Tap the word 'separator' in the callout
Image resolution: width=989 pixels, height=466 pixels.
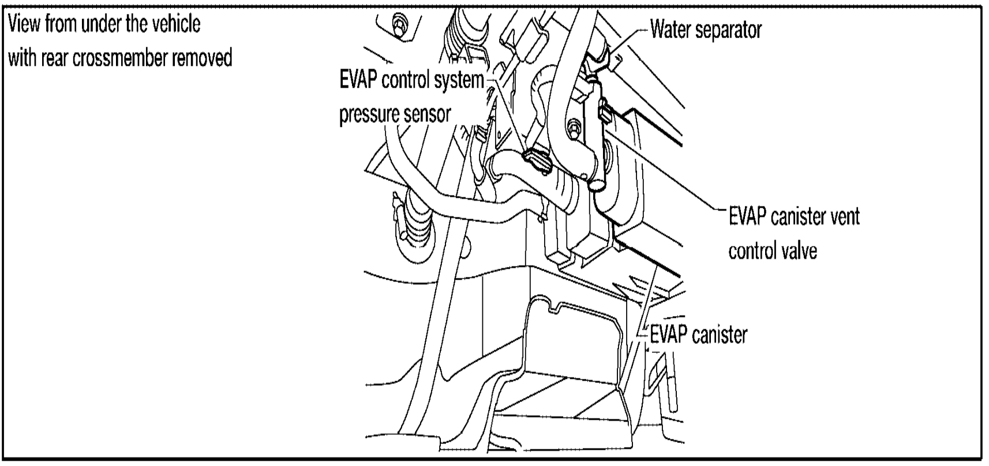click(x=729, y=29)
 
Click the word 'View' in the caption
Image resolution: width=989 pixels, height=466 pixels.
click(x=25, y=24)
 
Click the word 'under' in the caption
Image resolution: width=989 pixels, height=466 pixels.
click(x=96, y=24)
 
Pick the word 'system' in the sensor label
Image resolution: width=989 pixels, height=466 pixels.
click(x=458, y=80)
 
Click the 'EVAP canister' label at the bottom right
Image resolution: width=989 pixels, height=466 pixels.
click(x=698, y=335)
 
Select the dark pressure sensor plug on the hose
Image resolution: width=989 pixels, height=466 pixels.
click(x=537, y=160)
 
